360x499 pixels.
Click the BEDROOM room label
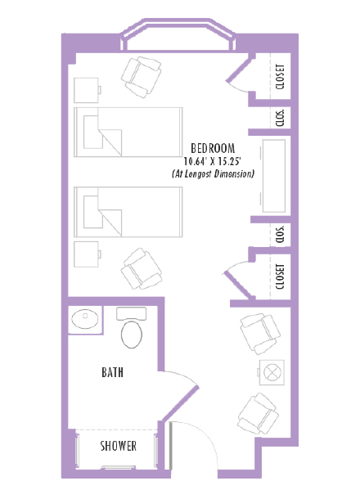[213, 148]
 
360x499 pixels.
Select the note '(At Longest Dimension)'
[213, 174]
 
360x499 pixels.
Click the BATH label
[113, 372]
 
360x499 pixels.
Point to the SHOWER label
[118, 447]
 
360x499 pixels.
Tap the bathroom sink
[84, 317]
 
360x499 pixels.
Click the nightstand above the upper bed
[86, 89]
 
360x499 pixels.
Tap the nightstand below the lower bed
[86, 253]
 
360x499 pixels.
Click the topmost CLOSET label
[281, 76]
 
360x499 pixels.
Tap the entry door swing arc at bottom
[191, 446]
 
